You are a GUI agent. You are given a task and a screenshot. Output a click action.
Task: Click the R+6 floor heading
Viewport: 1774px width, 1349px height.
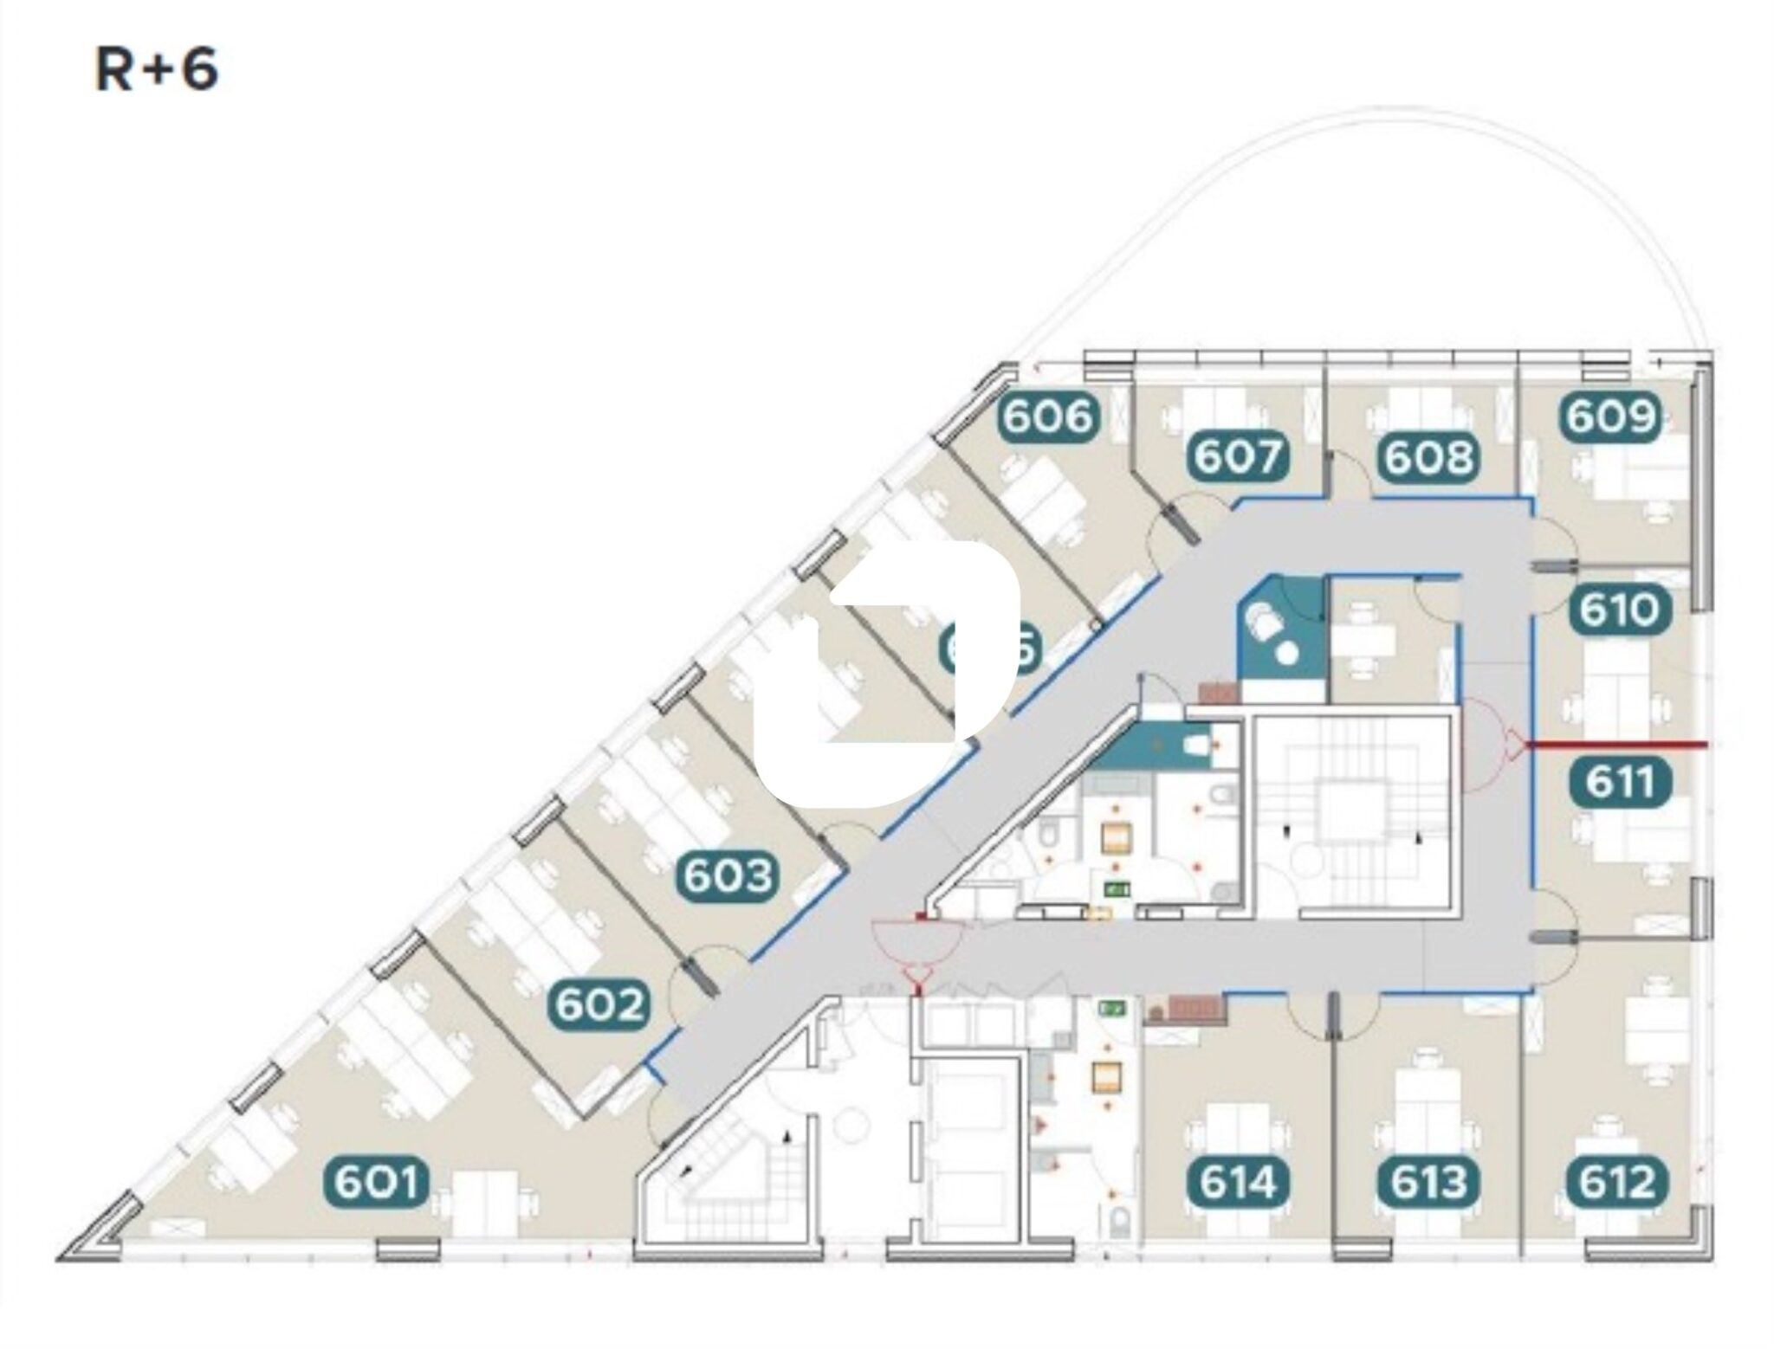point(156,70)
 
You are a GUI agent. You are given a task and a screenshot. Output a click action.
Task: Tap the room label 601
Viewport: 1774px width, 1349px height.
point(377,1182)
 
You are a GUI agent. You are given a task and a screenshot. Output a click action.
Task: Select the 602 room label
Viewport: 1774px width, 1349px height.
point(599,1004)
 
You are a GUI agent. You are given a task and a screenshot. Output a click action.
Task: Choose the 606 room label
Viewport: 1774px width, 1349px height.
point(1048,416)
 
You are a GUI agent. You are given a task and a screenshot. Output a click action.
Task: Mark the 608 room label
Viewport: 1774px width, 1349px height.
point(1428,456)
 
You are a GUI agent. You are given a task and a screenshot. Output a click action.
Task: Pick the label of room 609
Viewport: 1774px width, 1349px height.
point(1610,416)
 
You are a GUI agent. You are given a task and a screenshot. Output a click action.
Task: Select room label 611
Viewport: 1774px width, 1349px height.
point(1620,782)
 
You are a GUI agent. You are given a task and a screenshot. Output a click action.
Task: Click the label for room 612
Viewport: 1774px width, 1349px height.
point(1616,1182)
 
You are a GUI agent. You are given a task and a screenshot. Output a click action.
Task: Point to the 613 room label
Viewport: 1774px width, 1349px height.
point(1428,1182)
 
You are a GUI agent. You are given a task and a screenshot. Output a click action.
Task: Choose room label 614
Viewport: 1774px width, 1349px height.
point(1237,1182)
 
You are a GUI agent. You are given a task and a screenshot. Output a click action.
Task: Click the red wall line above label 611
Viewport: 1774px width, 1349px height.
point(1616,744)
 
